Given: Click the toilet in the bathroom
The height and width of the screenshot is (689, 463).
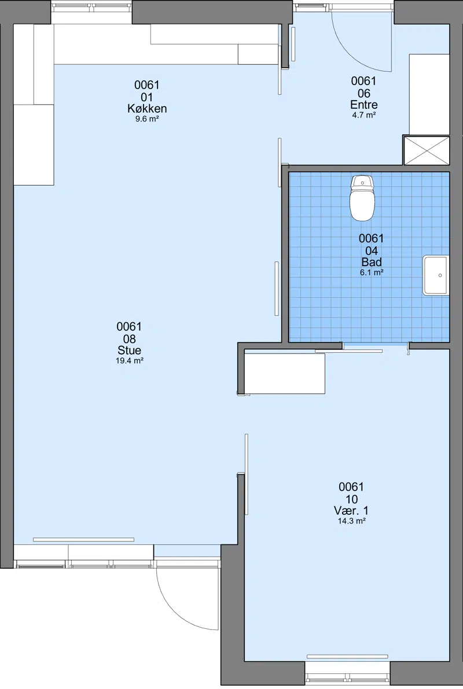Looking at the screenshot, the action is pos(362,198).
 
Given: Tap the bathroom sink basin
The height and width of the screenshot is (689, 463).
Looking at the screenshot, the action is pos(436,275).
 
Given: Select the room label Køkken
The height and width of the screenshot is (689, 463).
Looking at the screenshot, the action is pos(147,109).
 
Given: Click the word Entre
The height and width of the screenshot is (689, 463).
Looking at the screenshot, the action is pos(363,105).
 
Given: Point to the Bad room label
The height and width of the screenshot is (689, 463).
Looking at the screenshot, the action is pos(372,262).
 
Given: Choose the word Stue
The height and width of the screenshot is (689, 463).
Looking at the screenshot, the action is pos(129,350).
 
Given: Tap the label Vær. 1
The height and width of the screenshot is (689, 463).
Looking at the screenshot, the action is pos(351,511).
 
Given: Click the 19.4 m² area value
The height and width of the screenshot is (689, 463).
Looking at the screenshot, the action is pos(129,361).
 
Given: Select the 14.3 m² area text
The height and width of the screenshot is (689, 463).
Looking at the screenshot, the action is pos(351,521).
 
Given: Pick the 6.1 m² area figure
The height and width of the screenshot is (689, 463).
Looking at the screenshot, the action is pos(372,272).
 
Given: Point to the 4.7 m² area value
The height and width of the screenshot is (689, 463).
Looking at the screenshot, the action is pos(363,115).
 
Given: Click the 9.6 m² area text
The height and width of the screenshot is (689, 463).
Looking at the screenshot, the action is pos(147,119).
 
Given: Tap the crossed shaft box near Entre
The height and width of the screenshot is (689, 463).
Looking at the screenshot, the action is pos(427,150).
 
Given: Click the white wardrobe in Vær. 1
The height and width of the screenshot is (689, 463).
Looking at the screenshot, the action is pos(285,373).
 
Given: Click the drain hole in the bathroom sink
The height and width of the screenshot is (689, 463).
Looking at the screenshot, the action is pos(440,275).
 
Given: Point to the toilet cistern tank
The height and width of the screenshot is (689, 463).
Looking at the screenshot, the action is pos(362,182).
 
